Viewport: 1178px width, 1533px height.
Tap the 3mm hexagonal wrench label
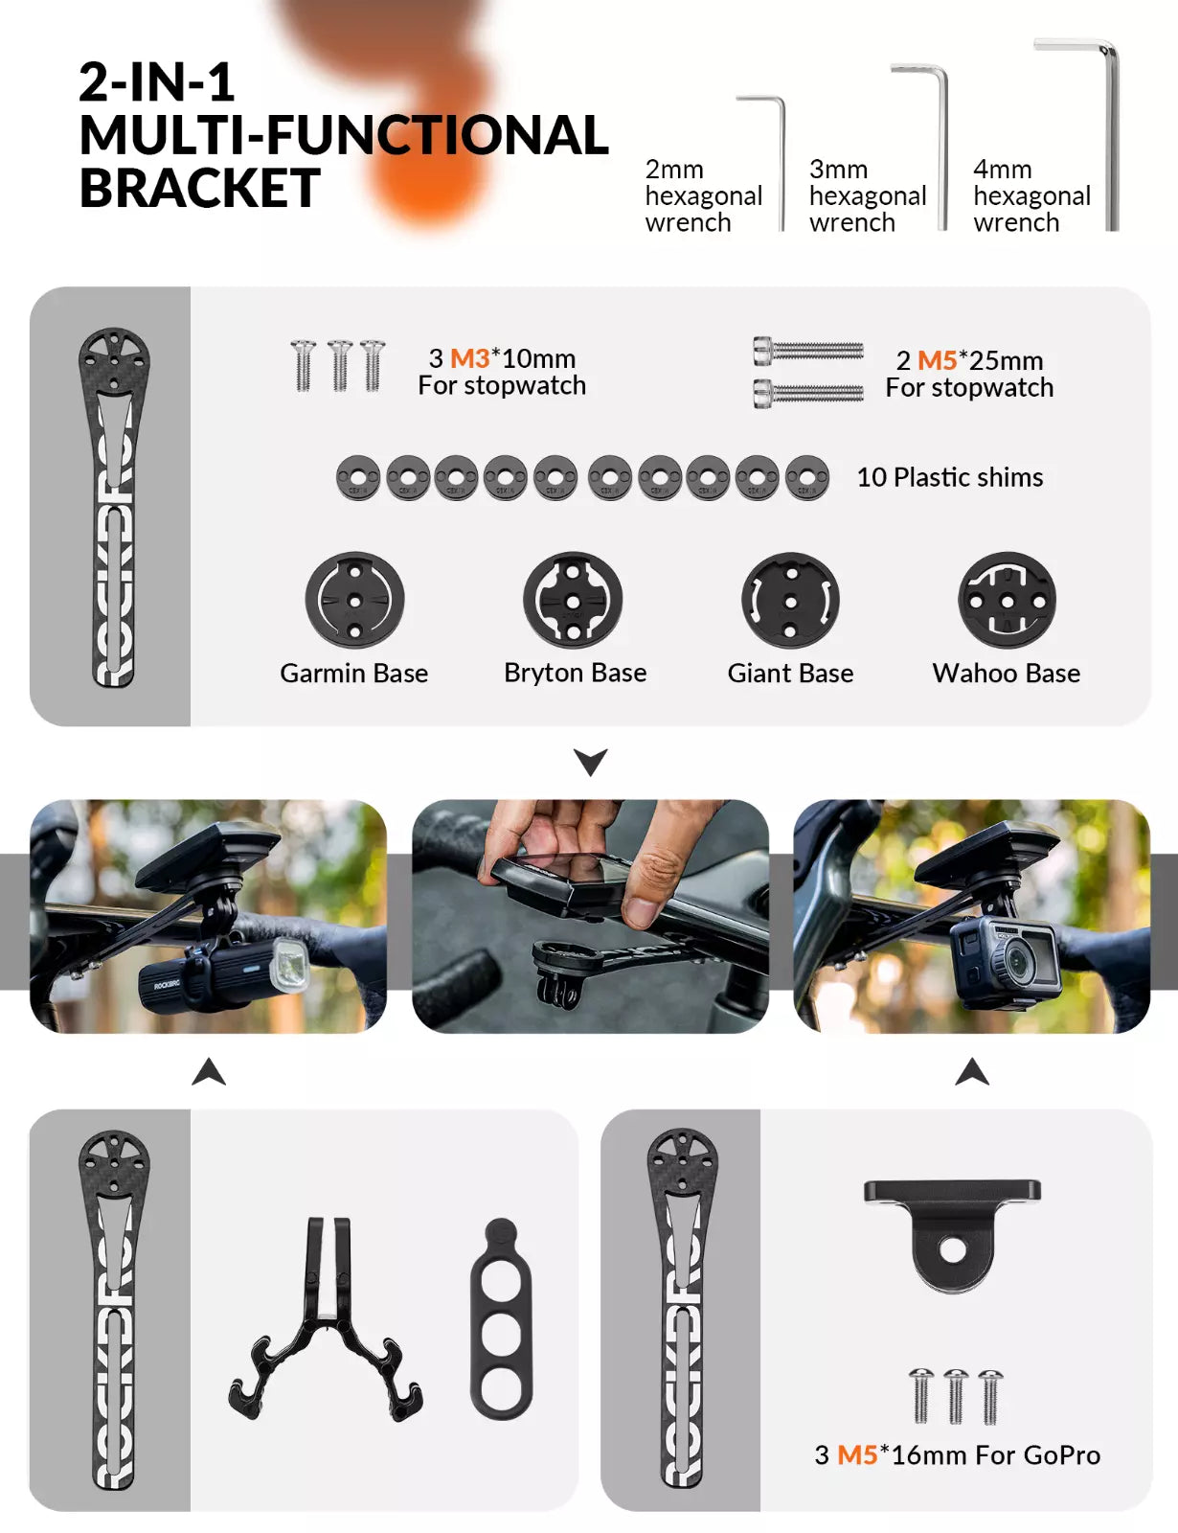click(867, 195)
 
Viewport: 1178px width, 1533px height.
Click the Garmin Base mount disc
click(354, 600)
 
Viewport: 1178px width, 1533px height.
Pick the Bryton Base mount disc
click(573, 600)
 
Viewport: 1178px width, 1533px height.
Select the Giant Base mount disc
click(790, 600)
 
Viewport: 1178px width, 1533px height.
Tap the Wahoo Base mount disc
click(1007, 600)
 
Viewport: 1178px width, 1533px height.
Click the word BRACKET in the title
click(199, 189)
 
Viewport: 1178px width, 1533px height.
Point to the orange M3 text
click(469, 358)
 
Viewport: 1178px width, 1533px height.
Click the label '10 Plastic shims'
click(950, 477)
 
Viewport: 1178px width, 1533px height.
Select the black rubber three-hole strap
click(501, 1317)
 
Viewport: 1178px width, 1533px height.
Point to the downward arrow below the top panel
click(590, 762)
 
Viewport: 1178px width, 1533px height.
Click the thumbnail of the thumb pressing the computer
click(590, 916)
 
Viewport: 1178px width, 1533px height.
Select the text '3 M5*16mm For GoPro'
click(957, 1454)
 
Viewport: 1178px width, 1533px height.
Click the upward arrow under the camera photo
click(972, 1072)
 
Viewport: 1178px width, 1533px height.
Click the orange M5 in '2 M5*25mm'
click(937, 360)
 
